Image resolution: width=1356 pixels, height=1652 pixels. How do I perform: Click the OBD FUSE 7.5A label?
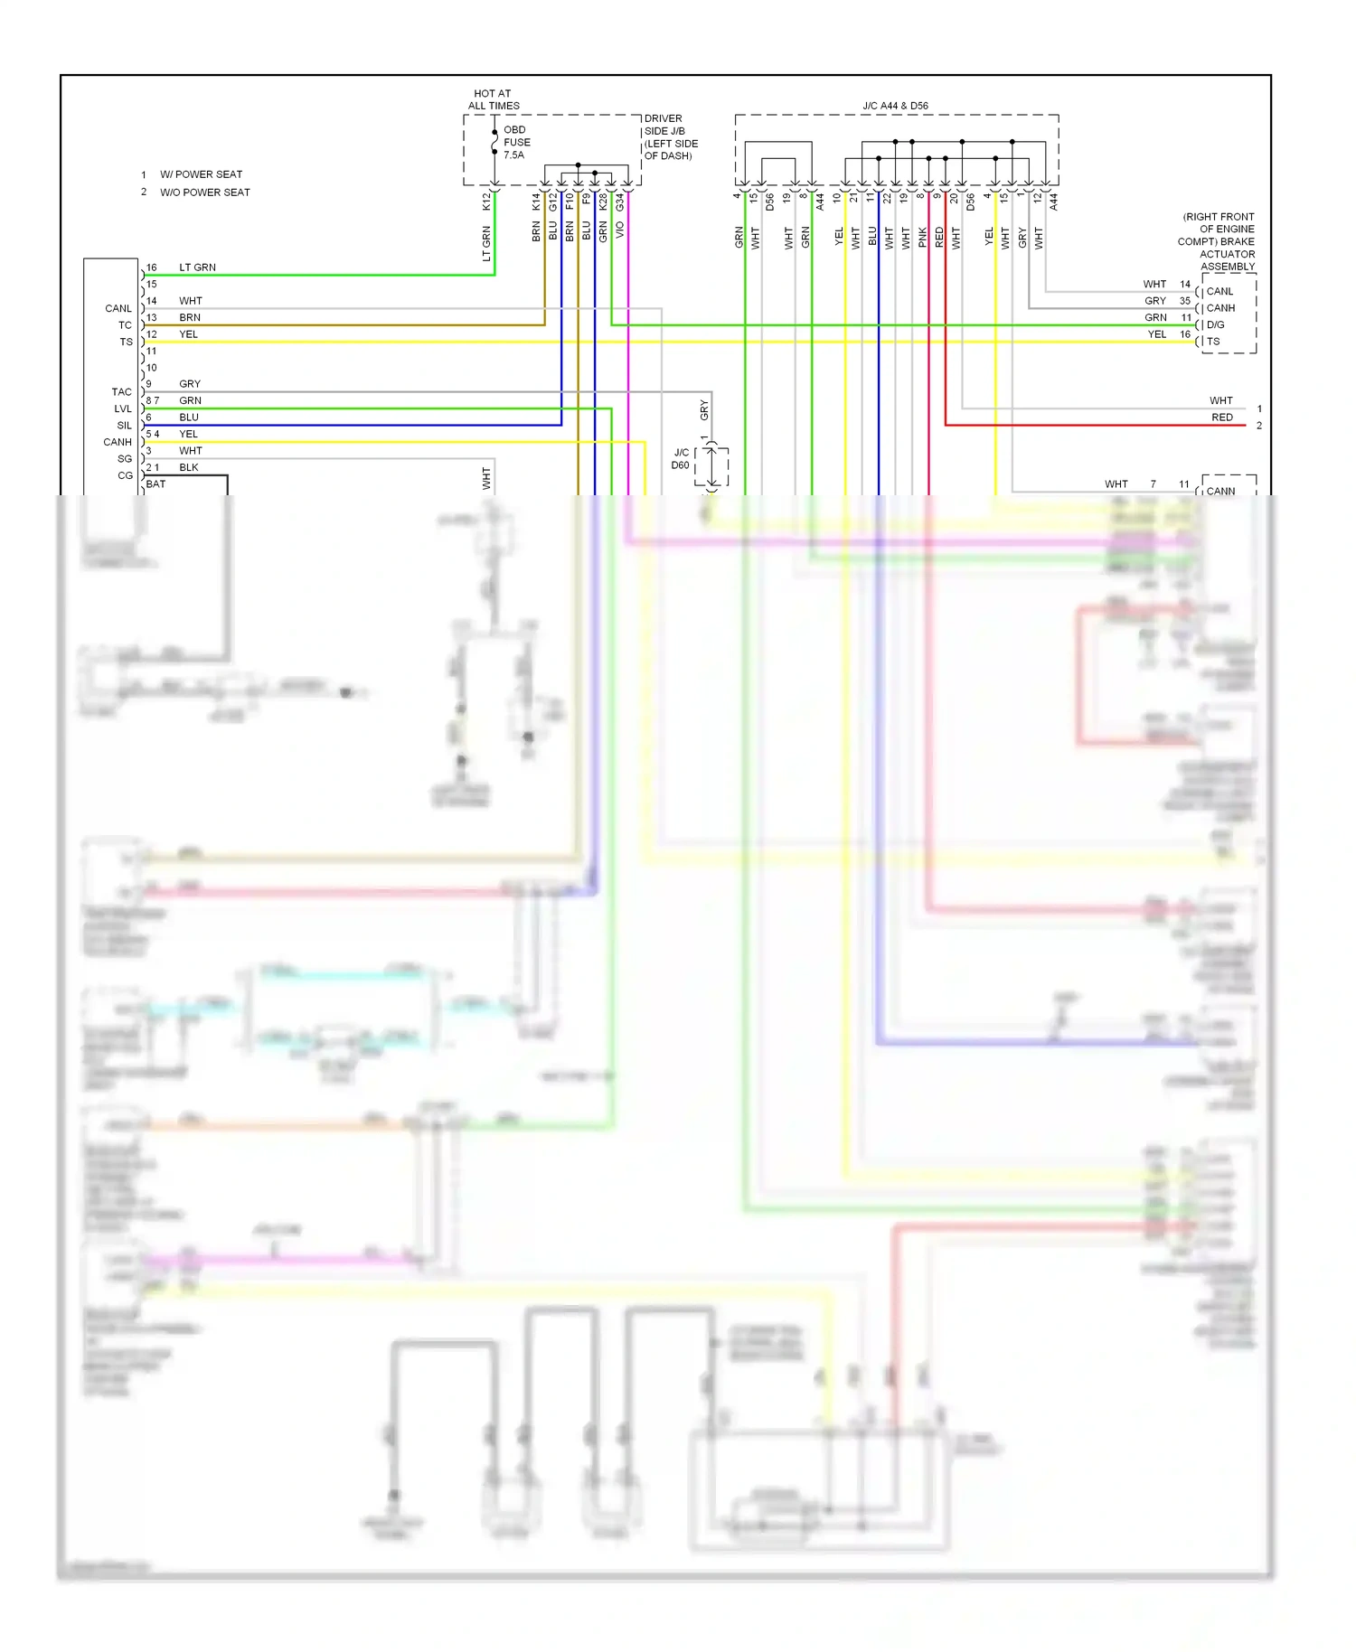click(x=516, y=142)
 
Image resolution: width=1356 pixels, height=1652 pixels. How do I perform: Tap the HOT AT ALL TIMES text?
click(x=494, y=99)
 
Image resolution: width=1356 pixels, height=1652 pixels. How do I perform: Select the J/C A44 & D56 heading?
click(x=895, y=106)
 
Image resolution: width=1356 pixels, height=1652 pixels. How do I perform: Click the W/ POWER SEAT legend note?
click(x=201, y=174)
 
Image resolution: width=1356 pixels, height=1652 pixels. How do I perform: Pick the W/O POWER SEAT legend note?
click(x=204, y=192)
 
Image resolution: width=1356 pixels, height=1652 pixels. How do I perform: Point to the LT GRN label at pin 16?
click(x=197, y=268)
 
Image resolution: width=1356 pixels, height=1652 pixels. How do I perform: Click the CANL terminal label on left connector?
click(x=118, y=308)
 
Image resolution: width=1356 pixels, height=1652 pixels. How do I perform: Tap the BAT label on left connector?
click(x=155, y=483)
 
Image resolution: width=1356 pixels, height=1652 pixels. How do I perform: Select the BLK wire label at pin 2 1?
click(x=188, y=467)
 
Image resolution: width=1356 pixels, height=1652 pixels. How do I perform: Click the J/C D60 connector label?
click(x=681, y=459)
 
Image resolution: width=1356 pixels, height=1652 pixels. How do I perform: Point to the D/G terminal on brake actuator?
click(x=1215, y=324)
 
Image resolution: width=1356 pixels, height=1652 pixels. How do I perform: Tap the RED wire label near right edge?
click(x=1221, y=418)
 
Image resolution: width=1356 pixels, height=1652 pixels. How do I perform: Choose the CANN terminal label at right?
click(x=1220, y=491)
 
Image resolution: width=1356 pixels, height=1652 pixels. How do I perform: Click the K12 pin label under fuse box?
click(x=486, y=202)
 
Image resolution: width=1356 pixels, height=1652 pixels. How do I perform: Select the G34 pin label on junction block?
click(x=620, y=202)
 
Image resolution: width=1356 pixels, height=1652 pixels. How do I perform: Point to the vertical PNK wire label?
click(x=922, y=238)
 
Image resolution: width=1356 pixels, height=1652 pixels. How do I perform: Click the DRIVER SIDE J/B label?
click(x=670, y=136)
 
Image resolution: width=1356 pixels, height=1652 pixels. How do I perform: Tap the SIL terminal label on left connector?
click(x=124, y=426)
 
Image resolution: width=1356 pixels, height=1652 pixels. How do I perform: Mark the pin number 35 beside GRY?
click(x=1184, y=301)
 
